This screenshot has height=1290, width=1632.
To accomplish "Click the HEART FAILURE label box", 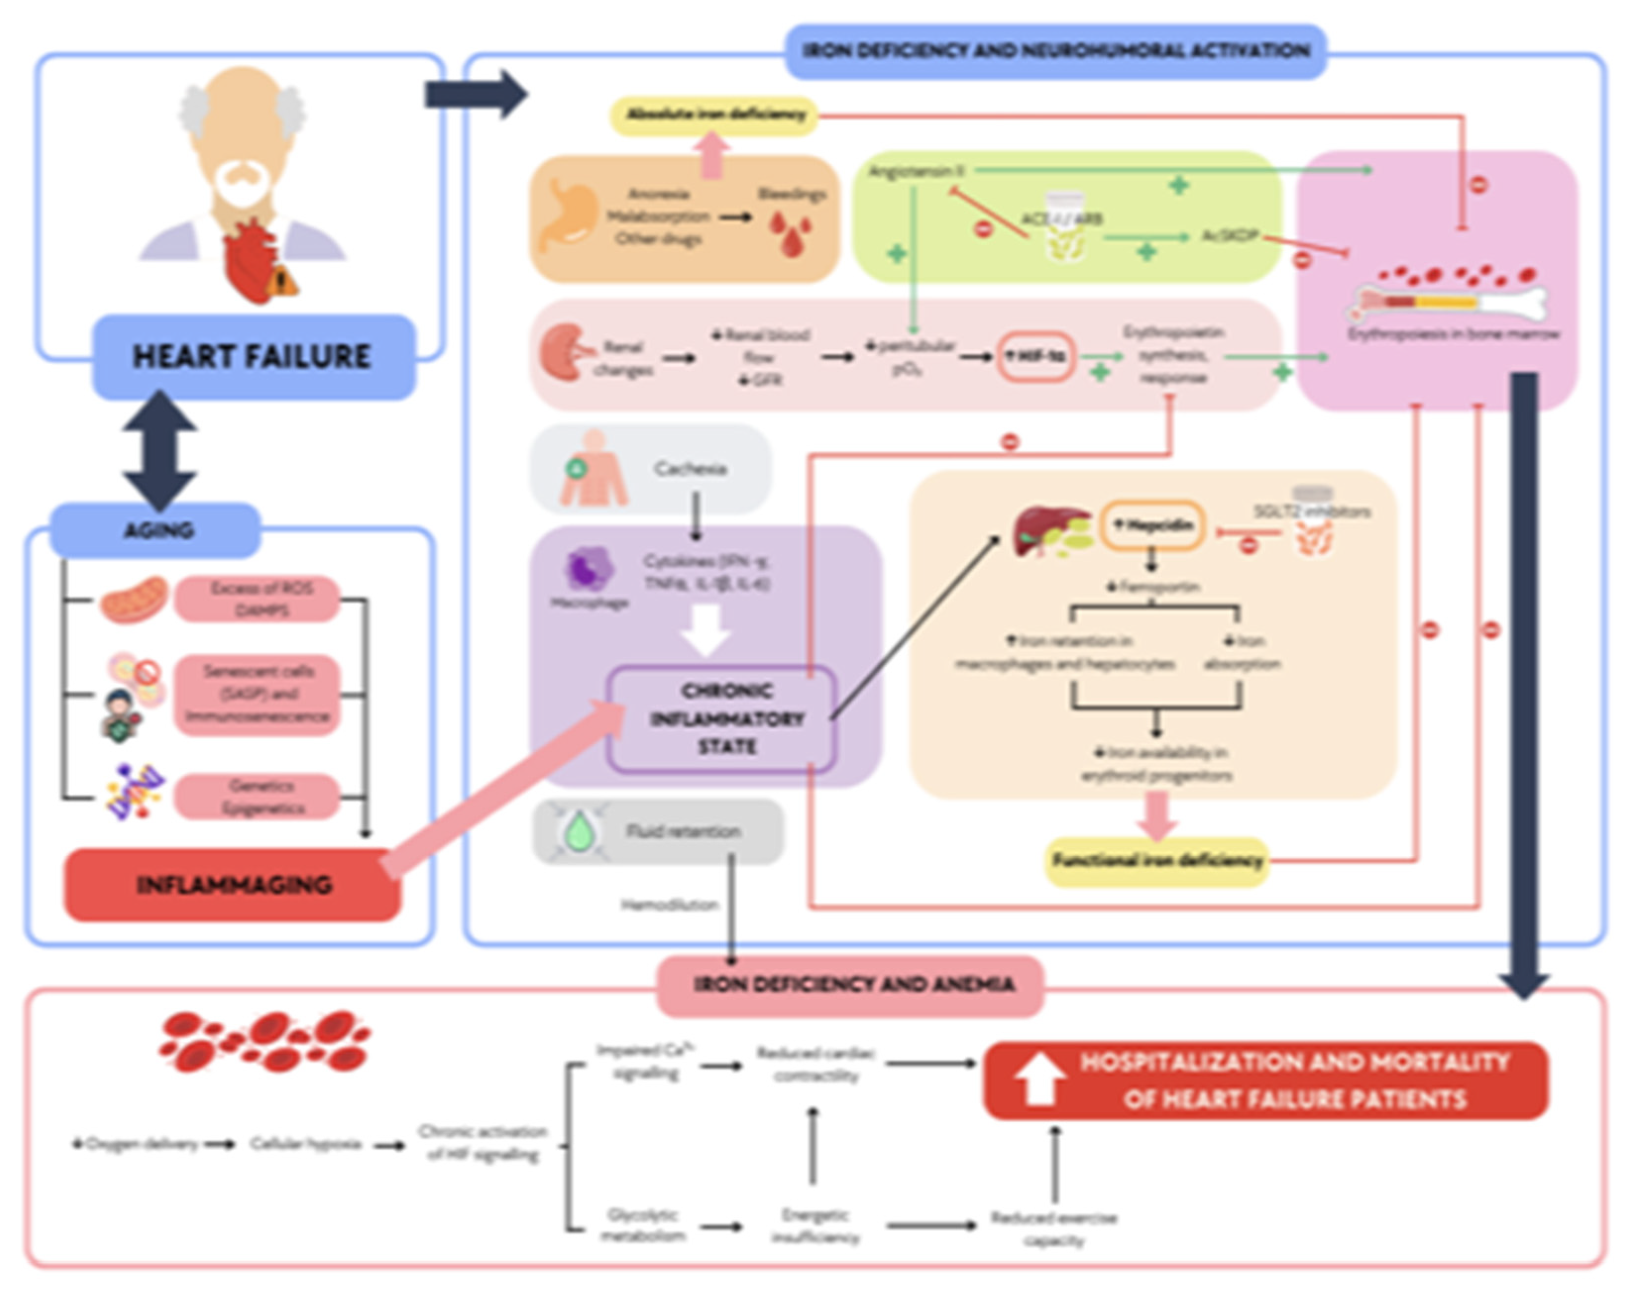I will pyautogui.click(x=254, y=357).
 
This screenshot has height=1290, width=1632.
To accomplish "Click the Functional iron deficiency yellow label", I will pyautogui.click(x=1156, y=860).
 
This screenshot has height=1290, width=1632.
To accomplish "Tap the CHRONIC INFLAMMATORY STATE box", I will pyautogui.click(x=722, y=718).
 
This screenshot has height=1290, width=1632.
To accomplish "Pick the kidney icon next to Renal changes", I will pyautogui.click(x=563, y=352).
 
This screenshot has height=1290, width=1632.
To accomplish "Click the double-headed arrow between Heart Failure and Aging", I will pyautogui.click(x=160, y=451).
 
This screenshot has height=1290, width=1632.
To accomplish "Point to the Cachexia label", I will pyautogui.click(x=690, y=469).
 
